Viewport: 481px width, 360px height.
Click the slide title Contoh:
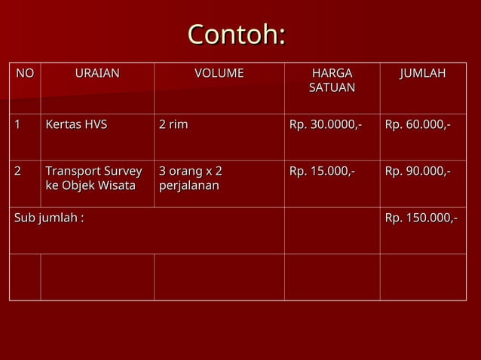[x=237, y=34]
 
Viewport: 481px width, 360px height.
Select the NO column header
[x=25, y=74]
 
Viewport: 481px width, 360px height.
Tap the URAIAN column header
[x=97, y=74]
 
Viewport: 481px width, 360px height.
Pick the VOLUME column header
[x=219, y=74]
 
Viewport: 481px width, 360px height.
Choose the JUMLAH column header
[x=423, y=74]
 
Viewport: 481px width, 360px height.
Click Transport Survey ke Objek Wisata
[x=93, y=178]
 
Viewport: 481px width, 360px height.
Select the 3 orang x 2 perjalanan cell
[x=190, y=178]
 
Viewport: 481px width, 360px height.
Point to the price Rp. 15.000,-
[x=322, y=172]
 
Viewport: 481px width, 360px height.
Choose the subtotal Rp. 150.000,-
[x=421, y=218]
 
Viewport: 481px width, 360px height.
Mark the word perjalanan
[x=189, y=185]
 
